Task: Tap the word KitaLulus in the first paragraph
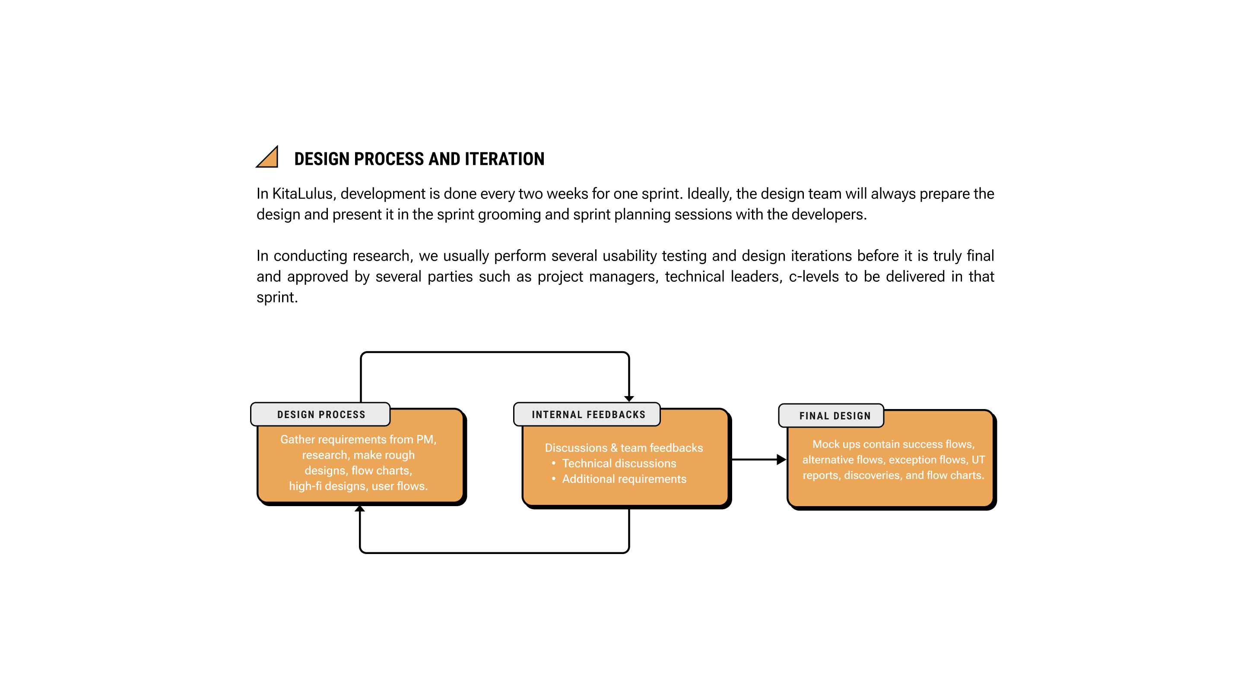click(x=302, y=194)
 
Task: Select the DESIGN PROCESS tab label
click(x=321, y=415)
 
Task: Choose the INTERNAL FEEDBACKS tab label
click(x=588, y=415)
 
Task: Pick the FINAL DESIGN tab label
click(x=835, y=416)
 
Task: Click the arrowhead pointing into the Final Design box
click(x=781, y=460)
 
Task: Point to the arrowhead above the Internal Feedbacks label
click(x=629, y=398)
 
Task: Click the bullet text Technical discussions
click(x=619, y=463)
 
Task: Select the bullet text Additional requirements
click(x=624, y=479)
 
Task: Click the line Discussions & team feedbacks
click(x=623, y=448)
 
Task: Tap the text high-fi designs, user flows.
click(x=359, y=486)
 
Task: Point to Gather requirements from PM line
click(x=359, y=440)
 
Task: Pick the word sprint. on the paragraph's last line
click(x=277, y=298)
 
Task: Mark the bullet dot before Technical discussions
click(x=553, y=463)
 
